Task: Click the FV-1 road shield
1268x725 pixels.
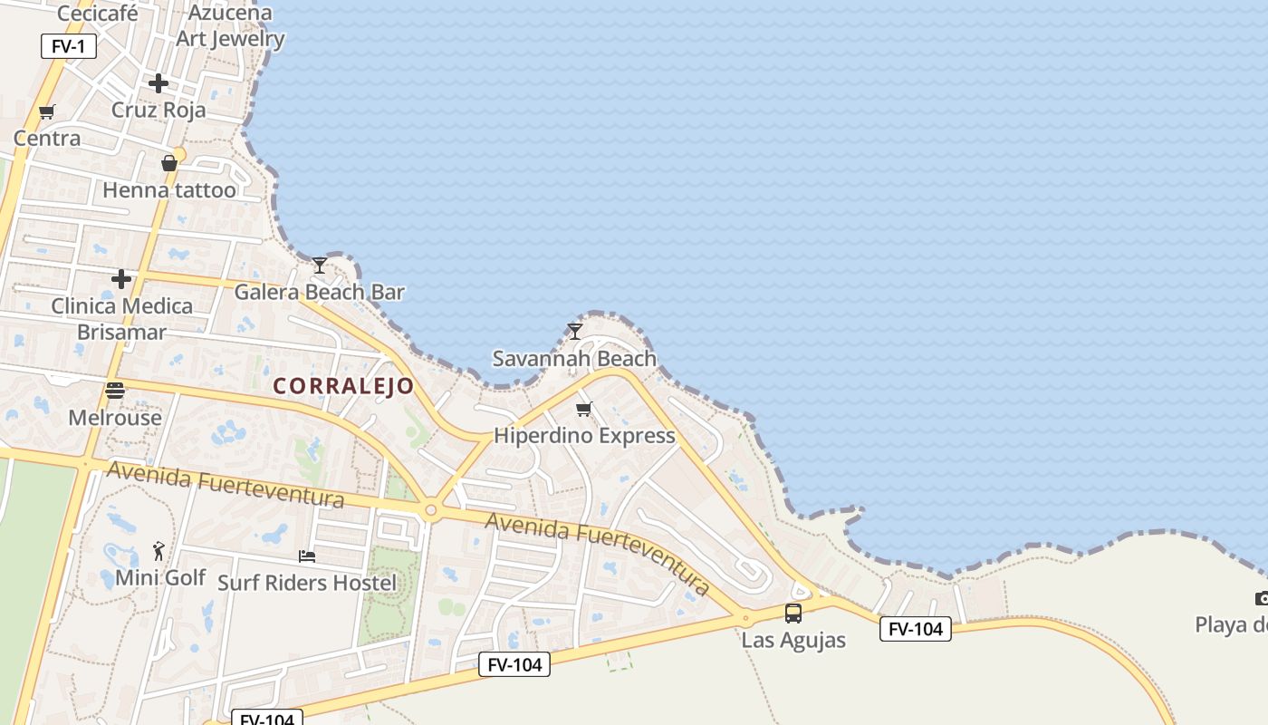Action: (69, 45)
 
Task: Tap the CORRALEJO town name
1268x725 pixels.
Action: (343, 386)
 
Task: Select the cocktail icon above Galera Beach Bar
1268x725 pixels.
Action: (320, 266)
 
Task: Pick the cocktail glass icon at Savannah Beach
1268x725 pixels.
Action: (574, 331)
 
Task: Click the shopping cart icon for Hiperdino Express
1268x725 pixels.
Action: (584, 410)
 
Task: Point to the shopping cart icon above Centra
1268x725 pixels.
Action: (47, 112)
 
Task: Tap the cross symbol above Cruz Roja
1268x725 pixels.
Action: (158, 83)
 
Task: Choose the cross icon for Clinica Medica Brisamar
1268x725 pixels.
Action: (121, 279)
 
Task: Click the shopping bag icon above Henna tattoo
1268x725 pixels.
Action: (169, 163)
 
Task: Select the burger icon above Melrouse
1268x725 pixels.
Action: (115, 391)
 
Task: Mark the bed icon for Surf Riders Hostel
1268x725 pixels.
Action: (307, 556)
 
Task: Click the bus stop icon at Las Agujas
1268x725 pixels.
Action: (793, 614)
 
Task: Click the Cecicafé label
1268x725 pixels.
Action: (97, 14)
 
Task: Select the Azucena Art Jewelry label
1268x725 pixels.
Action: (230, 25)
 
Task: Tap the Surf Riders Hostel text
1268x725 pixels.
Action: (307, 583)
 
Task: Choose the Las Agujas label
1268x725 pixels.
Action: (793, 640)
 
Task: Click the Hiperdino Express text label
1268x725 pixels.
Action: (584, 436)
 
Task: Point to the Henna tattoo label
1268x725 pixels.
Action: (169, 190)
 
